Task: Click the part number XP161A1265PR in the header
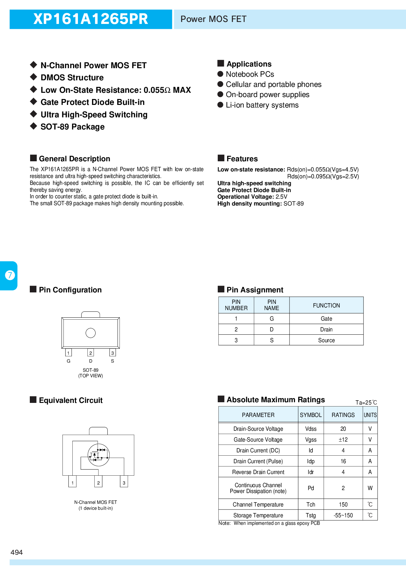point(91,19)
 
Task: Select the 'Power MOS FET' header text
point(213,19)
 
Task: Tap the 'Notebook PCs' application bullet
point(250,74)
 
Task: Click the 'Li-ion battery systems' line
point(262,105)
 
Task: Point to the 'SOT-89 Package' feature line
point(72,127)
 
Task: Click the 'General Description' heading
point(74,159)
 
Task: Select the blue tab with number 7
point(9,275)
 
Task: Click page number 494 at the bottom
point(17,552)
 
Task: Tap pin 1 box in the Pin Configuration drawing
point(68,352)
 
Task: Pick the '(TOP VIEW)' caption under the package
point(91,376)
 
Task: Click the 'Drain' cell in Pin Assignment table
point(326,329)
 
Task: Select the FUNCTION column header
point(326,306)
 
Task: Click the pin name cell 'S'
point(272,340)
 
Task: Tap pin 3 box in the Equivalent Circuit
point(124,482)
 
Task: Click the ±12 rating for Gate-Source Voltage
point(343,440)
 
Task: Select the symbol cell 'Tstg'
point(311,515)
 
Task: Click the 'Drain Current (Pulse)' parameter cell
point(258,461)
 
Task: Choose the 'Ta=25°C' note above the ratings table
point(366,403)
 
